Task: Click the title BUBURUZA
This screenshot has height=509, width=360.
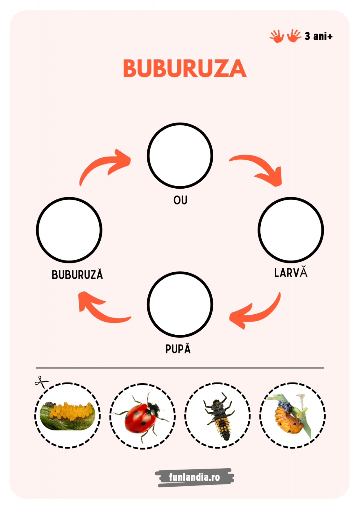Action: (x=184, y=68)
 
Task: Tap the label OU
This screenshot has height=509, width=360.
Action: (x=180, y=200)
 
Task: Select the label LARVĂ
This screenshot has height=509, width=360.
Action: (x=291, y=273)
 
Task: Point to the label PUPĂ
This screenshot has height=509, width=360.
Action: (x=178, y=349)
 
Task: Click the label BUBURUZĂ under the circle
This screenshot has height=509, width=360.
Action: (x=77, y=275)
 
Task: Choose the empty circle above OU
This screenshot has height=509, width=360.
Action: (x=180, y=155)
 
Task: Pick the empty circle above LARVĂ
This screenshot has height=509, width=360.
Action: (x=291, y=230)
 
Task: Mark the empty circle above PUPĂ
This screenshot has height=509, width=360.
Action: (x=180, y=304)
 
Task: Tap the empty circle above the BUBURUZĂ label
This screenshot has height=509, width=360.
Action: (x=69, y=230)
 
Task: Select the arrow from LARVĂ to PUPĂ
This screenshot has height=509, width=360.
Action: (x=256, y=313)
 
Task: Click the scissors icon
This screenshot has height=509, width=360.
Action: (x=41, y=382)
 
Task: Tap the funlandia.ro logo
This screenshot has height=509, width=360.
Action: (x=194, y=477)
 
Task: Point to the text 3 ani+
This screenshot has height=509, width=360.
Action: (x=318, y=36)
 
